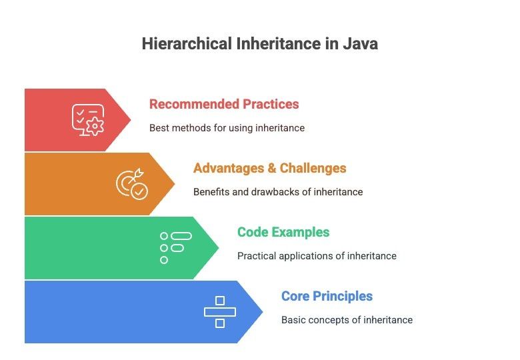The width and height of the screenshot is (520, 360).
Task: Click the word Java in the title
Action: click(360, 44)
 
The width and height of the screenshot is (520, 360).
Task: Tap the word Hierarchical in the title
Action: click(187, 44)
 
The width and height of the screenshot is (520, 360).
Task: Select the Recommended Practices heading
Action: click(224, 104)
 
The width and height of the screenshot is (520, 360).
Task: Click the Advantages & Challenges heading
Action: click(269, 168)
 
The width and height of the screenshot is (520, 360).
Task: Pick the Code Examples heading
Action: click(283, 232)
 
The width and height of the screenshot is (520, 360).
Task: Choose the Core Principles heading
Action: click(327, 296)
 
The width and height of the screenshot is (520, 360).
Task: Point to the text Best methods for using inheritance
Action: click(227, 128)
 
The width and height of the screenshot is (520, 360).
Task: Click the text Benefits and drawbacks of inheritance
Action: click(278, 192)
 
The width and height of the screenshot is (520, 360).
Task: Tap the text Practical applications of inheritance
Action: click(317, 256)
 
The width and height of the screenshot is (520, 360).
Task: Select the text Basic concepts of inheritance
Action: click(347, 320)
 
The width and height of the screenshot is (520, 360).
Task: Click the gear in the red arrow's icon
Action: click(95, 126)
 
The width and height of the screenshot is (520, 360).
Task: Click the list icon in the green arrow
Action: click(176, 248)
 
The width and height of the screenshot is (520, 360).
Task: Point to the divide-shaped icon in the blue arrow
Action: click(220, 312)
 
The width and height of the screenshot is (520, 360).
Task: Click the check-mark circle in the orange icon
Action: click(139, 191)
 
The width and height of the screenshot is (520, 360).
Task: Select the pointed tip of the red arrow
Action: click(130, 120)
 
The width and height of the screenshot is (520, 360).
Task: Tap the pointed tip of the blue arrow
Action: click(262, 311)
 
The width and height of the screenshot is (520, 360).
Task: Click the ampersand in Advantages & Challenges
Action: click(271, 168)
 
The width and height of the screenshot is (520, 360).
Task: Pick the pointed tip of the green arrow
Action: click(218, 247)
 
